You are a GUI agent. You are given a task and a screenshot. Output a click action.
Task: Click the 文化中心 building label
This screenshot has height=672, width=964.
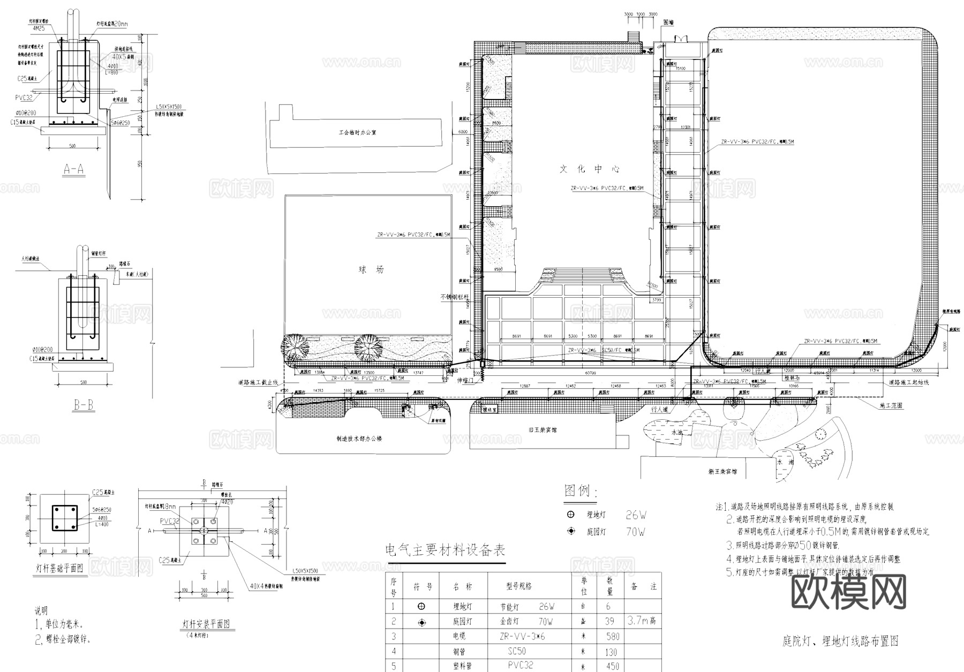(590, 169)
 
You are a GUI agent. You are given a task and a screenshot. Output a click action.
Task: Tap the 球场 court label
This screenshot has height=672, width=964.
(371, 269)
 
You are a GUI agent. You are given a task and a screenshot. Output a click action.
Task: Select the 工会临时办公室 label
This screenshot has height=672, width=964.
(357, 132)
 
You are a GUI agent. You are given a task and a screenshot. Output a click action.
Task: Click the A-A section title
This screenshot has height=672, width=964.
(73, 170)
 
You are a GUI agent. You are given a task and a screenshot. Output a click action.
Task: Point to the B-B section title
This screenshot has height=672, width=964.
(83, 405)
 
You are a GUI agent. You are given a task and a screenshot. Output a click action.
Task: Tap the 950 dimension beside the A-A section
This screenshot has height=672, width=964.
(140, 163)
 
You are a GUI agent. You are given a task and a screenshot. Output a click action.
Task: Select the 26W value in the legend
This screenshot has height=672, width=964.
(636, 515)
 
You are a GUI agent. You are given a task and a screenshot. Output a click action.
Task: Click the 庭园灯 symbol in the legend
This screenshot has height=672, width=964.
(571, 531)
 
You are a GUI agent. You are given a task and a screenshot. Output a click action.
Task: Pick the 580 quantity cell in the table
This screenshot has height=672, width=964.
(612, 637)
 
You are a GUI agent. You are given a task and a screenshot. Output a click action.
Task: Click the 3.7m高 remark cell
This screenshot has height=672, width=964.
(642, 621)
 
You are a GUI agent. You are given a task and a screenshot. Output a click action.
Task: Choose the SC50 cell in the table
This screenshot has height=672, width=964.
(517, 652)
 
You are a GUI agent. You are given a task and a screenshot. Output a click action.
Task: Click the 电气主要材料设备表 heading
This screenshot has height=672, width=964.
(445, 550)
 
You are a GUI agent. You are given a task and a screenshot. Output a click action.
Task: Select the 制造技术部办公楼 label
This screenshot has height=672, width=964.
(359, 439)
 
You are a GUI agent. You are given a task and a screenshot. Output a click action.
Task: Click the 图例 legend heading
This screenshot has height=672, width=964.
(581, 490)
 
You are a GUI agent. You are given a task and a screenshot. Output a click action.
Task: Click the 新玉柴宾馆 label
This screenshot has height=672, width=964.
(722, 472)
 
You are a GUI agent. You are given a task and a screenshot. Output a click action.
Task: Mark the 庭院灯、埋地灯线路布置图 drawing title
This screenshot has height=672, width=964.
(840, 641)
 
